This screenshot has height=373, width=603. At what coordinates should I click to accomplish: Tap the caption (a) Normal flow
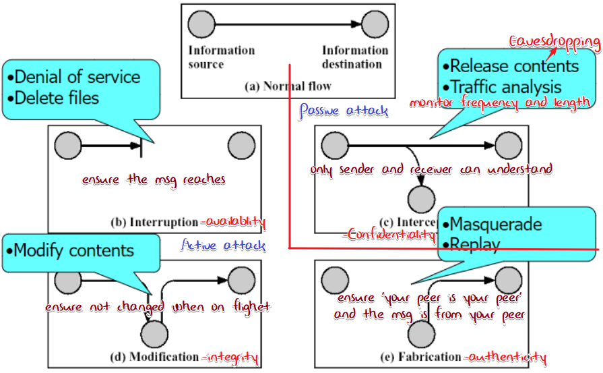[288, 86]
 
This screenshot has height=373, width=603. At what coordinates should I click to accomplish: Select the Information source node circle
[200, 26]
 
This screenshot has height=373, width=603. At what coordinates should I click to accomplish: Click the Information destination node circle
[374, 26]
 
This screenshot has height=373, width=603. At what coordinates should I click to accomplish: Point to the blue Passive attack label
[344, 110]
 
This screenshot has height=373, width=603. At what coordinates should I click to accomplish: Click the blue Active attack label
[225, 246]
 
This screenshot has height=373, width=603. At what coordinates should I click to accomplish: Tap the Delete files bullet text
[57, 98]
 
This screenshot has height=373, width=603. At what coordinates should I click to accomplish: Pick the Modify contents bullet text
[73, 251]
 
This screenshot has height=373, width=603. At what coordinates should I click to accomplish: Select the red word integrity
[232, 356]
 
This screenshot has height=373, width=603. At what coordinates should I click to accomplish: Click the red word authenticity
[507, 357]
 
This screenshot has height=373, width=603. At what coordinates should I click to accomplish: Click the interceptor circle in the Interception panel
[422, 199]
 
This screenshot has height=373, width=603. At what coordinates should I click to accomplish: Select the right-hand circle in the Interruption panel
[241, 145]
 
